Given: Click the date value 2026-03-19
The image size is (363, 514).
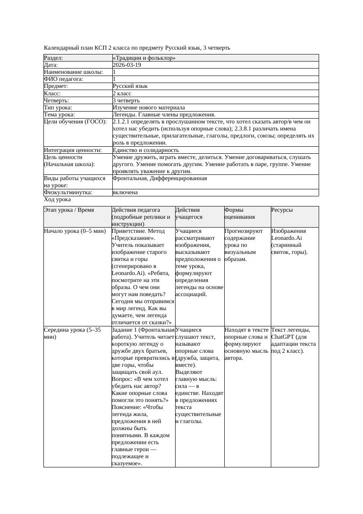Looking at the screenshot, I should pyautogui.click(x=127, y=65).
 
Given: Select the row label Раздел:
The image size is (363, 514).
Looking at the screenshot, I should pyautogui.click(x=54, y=58).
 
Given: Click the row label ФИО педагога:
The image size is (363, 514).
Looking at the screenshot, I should pyautogui.click(x=64, y=79).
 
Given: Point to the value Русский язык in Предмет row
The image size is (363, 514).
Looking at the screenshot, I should pyautogui.click(x=130, y=86).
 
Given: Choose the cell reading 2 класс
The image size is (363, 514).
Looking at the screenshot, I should pyautogui.click(x=122, y=93).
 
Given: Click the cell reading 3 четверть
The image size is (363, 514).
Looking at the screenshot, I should pyautogui.click(x=126, y=100).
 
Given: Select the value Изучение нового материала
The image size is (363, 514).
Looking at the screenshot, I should pyautogui.click(x=149, y=107).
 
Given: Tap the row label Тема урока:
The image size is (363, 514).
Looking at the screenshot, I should pyautogui.click(x=60, y=115).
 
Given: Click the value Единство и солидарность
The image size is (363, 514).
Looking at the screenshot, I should pyautogui.click(x=146, y=150).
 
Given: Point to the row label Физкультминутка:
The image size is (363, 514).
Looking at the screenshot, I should pyautogui.click(x=68, y=192).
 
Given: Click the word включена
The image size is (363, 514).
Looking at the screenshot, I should pyautogui.click(x=125, y=192).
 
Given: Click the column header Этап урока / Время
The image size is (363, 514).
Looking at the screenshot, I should pyautogui.click(x=69, y=210).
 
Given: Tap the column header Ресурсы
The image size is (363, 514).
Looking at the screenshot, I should pyautogui.click(x=282, y=210).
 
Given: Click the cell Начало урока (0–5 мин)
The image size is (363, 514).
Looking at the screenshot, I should pyautogui.click(x=75, y=231).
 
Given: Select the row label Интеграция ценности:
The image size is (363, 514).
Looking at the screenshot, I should pyautogui.click(x=72, y=150).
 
